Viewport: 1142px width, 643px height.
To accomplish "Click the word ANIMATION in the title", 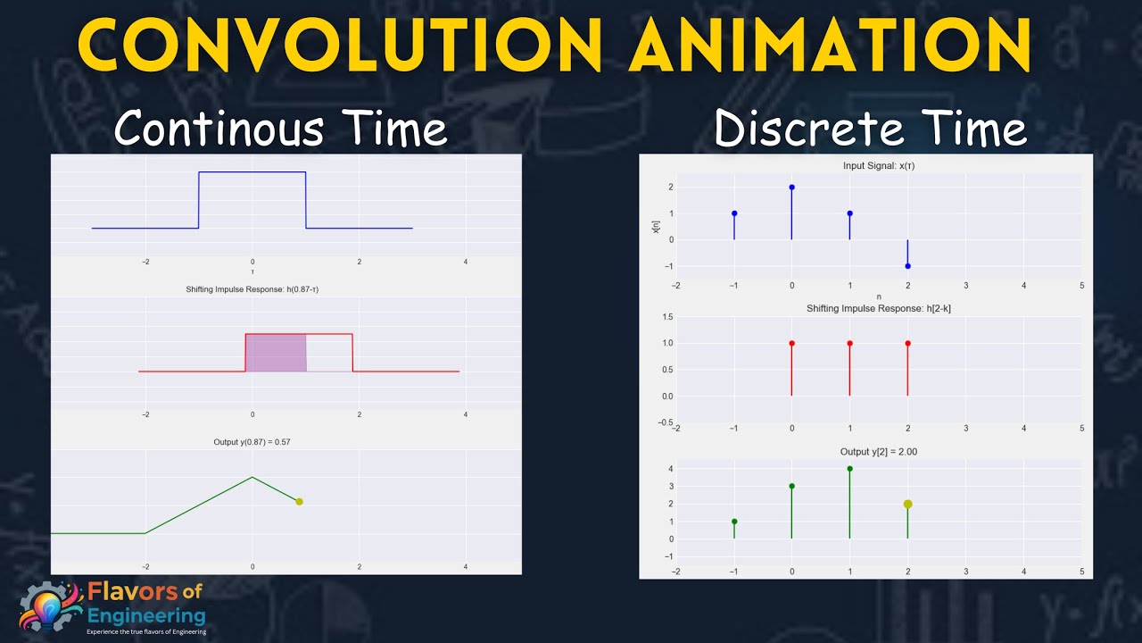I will (830, 45).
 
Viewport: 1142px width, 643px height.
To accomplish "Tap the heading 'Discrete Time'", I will (870, 129).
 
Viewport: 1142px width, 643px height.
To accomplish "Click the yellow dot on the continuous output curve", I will (299, 502).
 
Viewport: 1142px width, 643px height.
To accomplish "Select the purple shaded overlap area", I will (276, 353).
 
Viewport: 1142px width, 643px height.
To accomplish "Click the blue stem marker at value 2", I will (791, 188).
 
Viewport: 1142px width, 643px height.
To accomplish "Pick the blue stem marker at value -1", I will (907, 266).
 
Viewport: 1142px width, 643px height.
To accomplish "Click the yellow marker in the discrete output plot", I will (907, 504).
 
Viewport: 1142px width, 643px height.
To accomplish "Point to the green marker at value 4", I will (849, 469).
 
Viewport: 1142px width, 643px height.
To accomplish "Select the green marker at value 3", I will (791, 487).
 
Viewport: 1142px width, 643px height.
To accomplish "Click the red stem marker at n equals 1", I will (849, 343).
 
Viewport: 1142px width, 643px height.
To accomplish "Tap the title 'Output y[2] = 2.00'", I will (878, 452).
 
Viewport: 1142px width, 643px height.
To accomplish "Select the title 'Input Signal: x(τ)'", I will (878, 166).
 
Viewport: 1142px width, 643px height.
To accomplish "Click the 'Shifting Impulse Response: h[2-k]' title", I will (878, 308).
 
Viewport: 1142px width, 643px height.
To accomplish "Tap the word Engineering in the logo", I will (146, 615).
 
